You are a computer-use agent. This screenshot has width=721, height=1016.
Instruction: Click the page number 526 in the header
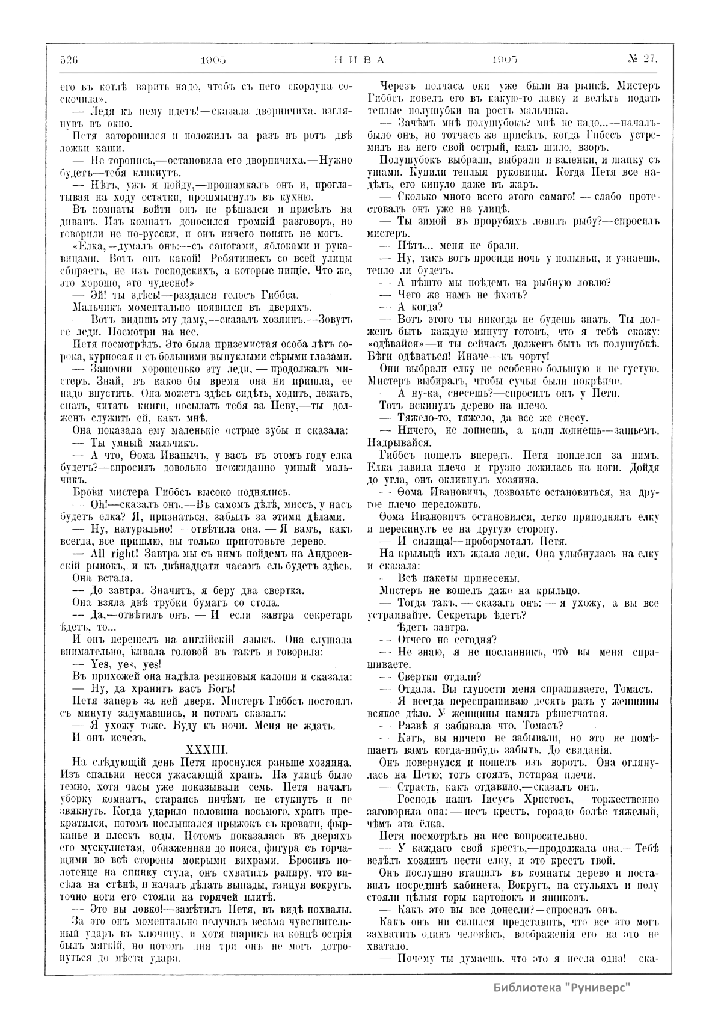point(70,59)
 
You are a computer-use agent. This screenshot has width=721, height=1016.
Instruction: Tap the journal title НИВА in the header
point(358,59)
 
